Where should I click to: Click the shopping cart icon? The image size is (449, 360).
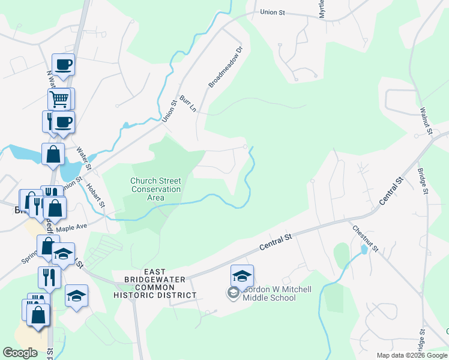59,98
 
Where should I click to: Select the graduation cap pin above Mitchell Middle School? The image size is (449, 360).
242,275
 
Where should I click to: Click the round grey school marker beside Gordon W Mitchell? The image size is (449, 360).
232,293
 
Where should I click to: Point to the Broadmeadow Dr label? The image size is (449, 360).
225,67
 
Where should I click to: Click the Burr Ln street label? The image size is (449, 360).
187,103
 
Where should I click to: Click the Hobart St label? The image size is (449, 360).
95,196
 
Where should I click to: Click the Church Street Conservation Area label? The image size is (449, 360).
156,189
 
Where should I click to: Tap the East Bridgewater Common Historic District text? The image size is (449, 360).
155,284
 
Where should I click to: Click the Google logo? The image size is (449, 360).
20,353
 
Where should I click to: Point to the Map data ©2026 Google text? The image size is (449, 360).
412,355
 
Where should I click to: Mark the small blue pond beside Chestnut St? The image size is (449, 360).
364,248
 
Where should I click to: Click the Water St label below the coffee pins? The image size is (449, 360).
83,158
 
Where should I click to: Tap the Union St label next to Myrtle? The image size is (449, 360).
272,12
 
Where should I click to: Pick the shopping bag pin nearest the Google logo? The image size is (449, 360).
38,315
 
